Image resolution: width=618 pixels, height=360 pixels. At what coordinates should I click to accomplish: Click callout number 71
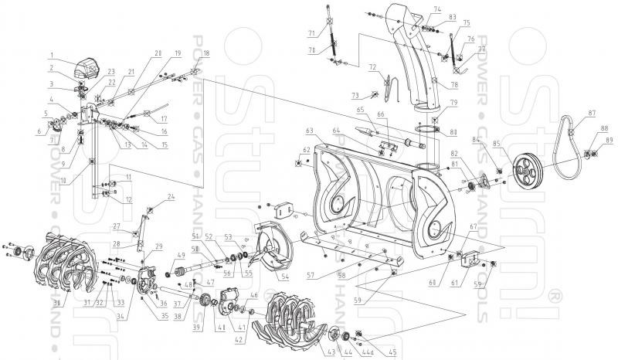(311, 32)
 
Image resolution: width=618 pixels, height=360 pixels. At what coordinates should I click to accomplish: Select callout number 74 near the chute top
(436, 9)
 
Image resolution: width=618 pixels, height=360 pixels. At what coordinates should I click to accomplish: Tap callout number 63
(309, 132)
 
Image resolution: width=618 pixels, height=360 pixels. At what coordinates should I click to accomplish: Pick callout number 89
(610, 140)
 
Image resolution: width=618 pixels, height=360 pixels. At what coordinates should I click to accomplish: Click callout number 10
(83, 181)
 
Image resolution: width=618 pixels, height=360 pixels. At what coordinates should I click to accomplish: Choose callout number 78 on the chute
(454, 84)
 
